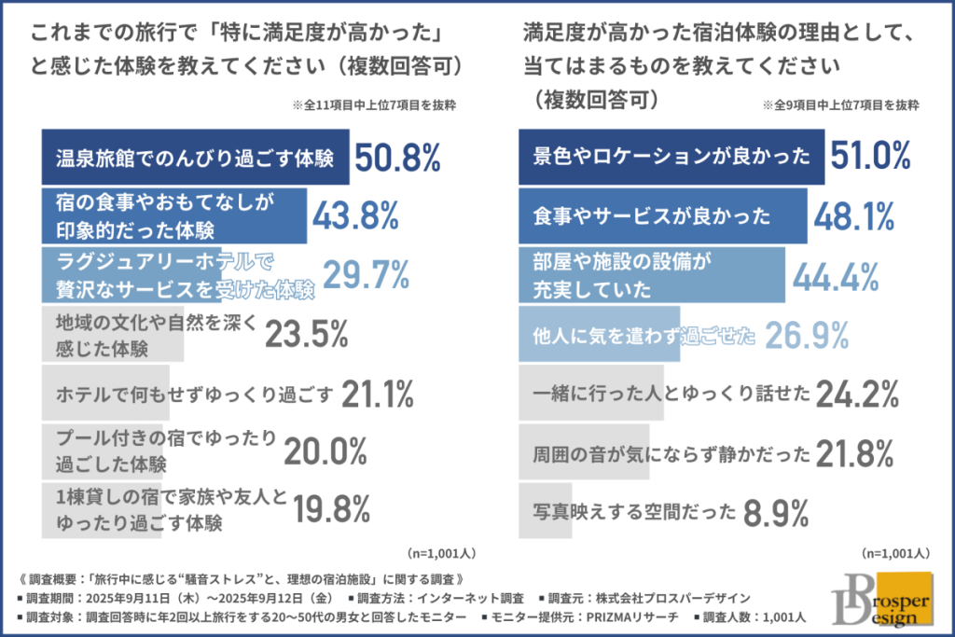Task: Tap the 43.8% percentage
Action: click(x=355, y=216)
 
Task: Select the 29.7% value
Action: click(x=367, y=274)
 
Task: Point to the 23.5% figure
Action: click(x=307, y=333)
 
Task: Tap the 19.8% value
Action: click(x=331, y=509)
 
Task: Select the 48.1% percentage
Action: click(x=855, y=216)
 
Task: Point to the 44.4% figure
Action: click(x=837, y=275)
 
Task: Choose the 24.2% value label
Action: click(x=857, y=395)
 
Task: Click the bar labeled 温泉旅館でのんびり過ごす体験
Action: click(x=195, y=159)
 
